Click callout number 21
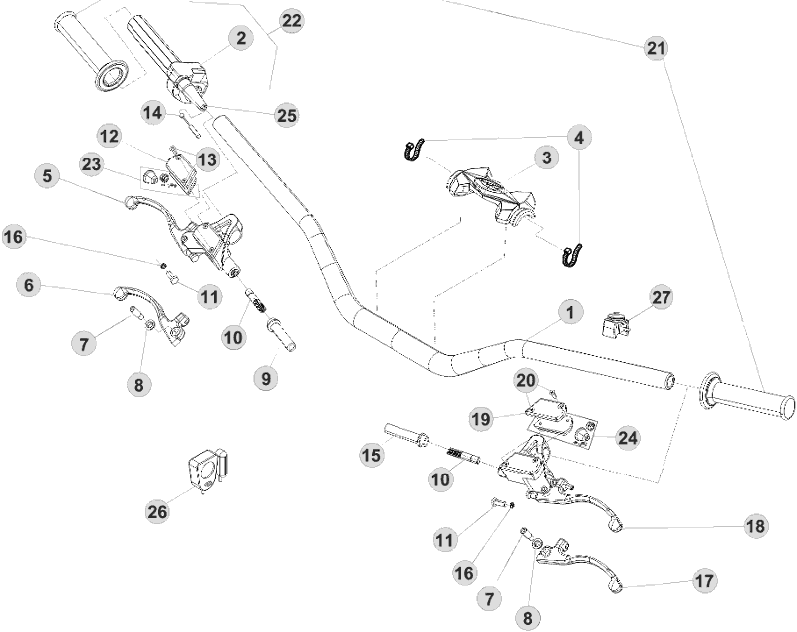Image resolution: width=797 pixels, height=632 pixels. click(656, 48)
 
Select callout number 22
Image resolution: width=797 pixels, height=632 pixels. click(291, 21)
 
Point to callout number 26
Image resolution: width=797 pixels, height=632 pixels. click(157, 511)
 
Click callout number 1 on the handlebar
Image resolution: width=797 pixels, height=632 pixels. click(569, 313)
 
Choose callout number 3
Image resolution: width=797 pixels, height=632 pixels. click(544, 158)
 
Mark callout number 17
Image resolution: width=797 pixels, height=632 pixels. click(704, 579)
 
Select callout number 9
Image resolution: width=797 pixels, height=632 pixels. click(265, 378)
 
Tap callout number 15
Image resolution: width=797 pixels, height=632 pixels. click(371, 454)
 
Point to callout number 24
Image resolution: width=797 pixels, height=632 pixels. click(628, 437)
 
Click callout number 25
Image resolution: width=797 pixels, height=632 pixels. click(287, 116)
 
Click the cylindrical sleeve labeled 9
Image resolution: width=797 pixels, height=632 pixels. click(281, 332)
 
